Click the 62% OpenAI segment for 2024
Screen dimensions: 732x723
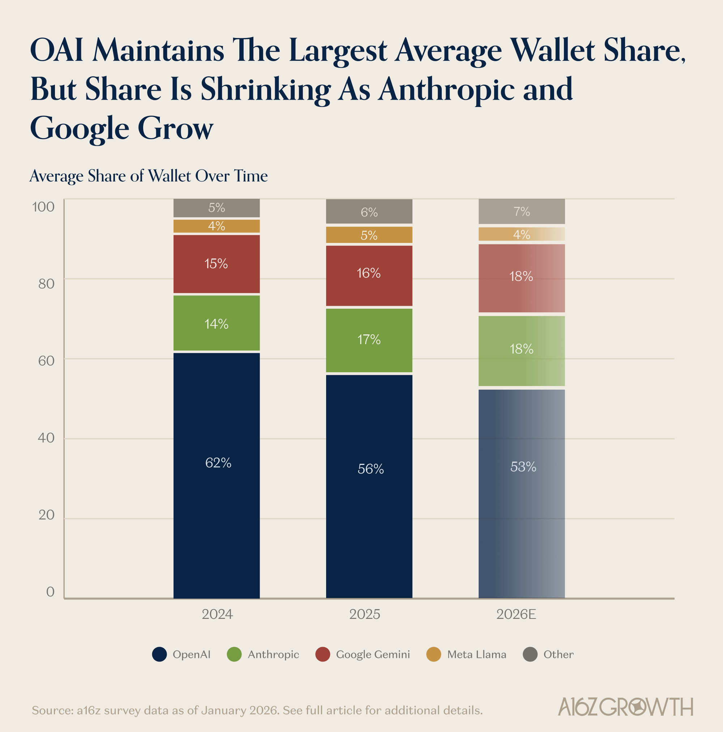[x=217, y=475]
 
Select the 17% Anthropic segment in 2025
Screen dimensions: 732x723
[x=369, y=340]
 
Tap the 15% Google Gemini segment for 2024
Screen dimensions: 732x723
[x=217, y=264]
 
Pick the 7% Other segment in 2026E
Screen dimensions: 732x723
[x=521, y=211]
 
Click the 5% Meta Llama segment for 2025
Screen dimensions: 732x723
[x=369, y=235]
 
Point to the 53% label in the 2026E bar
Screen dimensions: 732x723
[x=523, y=467]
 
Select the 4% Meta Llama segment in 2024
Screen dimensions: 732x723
[x=217, y=226]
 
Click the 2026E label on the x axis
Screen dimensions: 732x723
[x=516, y=614]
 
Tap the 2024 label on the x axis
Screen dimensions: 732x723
[x=217, y=614]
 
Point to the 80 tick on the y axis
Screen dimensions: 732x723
[x=46, y=284]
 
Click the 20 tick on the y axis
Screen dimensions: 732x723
[x=46, y=515]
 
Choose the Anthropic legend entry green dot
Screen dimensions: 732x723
[x=234, y=654]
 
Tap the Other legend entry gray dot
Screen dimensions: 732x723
[x=530, y=654]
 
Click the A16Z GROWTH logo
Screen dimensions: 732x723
[x=625, y=707]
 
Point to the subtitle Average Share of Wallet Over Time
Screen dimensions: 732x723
[x=149, y=176]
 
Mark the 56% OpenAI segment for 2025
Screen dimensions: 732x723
[x=369, y=487]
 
